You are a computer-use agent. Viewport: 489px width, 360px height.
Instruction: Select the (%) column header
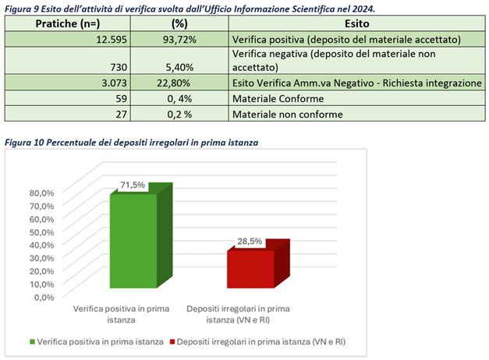pyautogui.click(x=179, y=24)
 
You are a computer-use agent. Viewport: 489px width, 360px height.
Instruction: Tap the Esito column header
pyautogui.click(x=356, y=24)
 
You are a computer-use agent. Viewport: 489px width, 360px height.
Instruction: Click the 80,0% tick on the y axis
pyautogui.click(x=41, y=192)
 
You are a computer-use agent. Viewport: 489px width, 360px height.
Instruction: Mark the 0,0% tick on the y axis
pyautogui.click(x=44, y=296)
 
